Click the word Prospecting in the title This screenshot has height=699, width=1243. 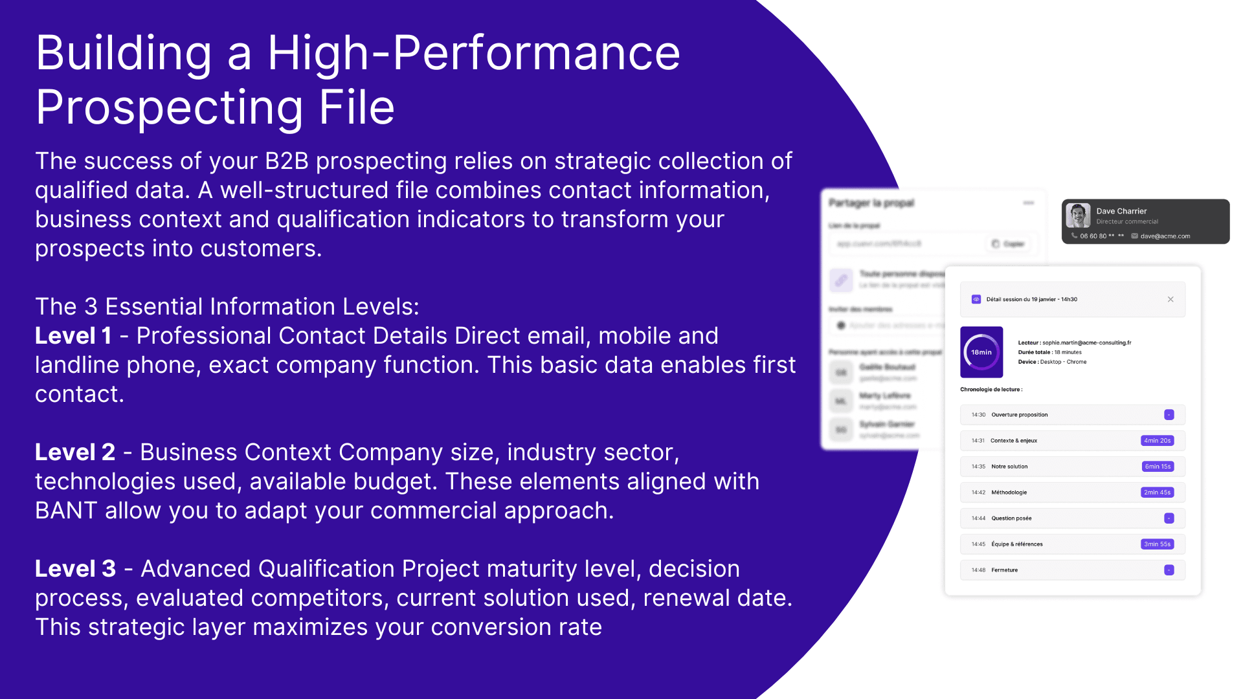[x=169, y=108]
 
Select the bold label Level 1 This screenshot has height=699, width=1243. [x=73, y=336]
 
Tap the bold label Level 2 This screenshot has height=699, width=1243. [x=75, y=452]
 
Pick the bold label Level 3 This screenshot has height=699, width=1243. [x=75, y=569]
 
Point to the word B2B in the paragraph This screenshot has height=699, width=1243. [x=287, y=161]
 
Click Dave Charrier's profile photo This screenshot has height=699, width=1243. [x=1078, y=216]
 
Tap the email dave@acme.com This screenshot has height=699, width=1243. [x=1165, y=236]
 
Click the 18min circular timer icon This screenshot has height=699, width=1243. [x=981, y=352]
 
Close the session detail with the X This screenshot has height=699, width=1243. [x=1170, y=299]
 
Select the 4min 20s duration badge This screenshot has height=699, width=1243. [x=1157, y=441]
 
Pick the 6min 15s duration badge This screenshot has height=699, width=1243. [x=1158, y=467]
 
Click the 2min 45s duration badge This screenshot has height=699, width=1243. [x=1157, y=493]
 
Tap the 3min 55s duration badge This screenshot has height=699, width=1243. [x=1157, y=544]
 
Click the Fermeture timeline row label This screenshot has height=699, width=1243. [x=1004, y=570]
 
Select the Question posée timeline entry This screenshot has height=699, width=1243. [x=1011, y=518]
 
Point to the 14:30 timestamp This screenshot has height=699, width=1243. [x=978, y=415]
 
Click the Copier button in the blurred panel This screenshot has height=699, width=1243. [x=1009, y=244]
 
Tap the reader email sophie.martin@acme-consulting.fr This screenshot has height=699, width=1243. [x=1086, y=343]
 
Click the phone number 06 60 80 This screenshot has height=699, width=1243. [x=1093, y=236]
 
